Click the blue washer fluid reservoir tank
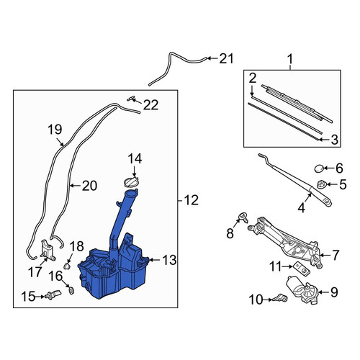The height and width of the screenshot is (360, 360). [x=113, y=271]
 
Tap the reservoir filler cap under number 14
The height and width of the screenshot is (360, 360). [x=131, y=181]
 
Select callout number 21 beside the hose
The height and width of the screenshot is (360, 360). [x=226, y=59]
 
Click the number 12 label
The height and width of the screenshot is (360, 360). [x=192, y=200]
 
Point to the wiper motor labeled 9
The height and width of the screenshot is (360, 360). [x=302, y=289]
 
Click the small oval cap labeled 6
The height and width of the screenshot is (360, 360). [x=319, y=168]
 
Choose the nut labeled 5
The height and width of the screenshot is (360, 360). [x=321, y=184]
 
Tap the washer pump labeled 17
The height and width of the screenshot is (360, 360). [x=48, y=250]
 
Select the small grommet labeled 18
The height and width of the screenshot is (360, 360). [x=67, y=266]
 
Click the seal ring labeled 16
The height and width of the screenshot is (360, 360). [x=71, y=291]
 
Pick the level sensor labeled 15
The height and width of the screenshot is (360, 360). [x=53, y=294]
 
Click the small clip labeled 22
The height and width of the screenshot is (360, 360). [x=131, y=99]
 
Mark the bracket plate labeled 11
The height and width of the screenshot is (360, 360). [x=302, y=268]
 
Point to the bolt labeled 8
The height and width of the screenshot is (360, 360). [x=243, y=217]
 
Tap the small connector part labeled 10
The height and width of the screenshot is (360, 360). [x=279, y=298]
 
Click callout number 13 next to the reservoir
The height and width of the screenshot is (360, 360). [x=169, y=260]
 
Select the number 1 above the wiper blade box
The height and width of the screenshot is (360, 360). [x=290, y=59]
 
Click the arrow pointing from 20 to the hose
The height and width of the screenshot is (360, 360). [x=76, y=185]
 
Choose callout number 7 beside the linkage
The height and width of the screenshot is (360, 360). [x=336, y=255]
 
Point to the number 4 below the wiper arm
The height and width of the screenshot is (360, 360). [x=302, y=207]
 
